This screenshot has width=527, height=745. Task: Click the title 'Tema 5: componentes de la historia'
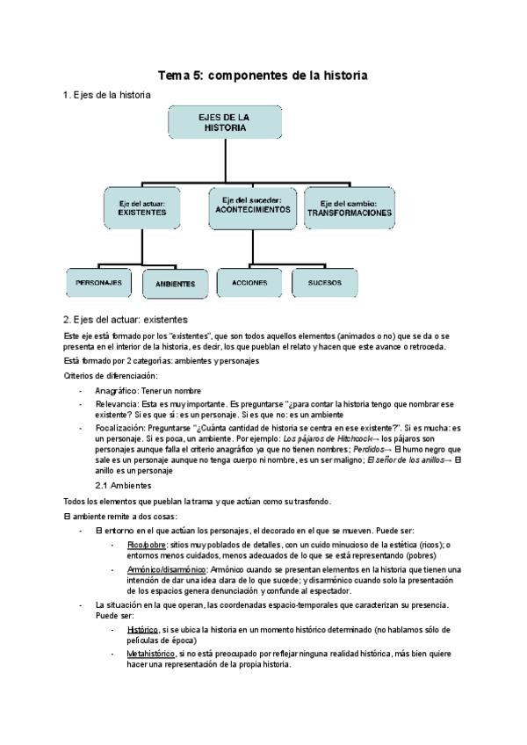click(262, 76)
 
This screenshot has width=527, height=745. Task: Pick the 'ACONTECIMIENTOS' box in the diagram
click(251, 206)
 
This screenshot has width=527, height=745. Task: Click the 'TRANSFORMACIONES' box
click(349, 208)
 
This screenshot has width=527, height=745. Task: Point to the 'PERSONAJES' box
click(98, 282)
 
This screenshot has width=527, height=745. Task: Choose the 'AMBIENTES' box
click(175, 284)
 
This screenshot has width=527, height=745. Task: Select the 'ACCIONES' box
click(249, 282)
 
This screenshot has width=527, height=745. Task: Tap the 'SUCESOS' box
click(324, 282)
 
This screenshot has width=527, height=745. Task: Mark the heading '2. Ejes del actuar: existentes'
click(125, 320)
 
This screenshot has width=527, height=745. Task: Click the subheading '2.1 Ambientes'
click(123, 485)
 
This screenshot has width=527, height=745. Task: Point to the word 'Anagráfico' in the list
click(116, 390)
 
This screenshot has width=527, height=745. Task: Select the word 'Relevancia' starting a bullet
click(116, 404)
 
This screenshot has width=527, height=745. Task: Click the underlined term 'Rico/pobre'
click(147, 546)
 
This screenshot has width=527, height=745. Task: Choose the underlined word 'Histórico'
click(142, 630)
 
